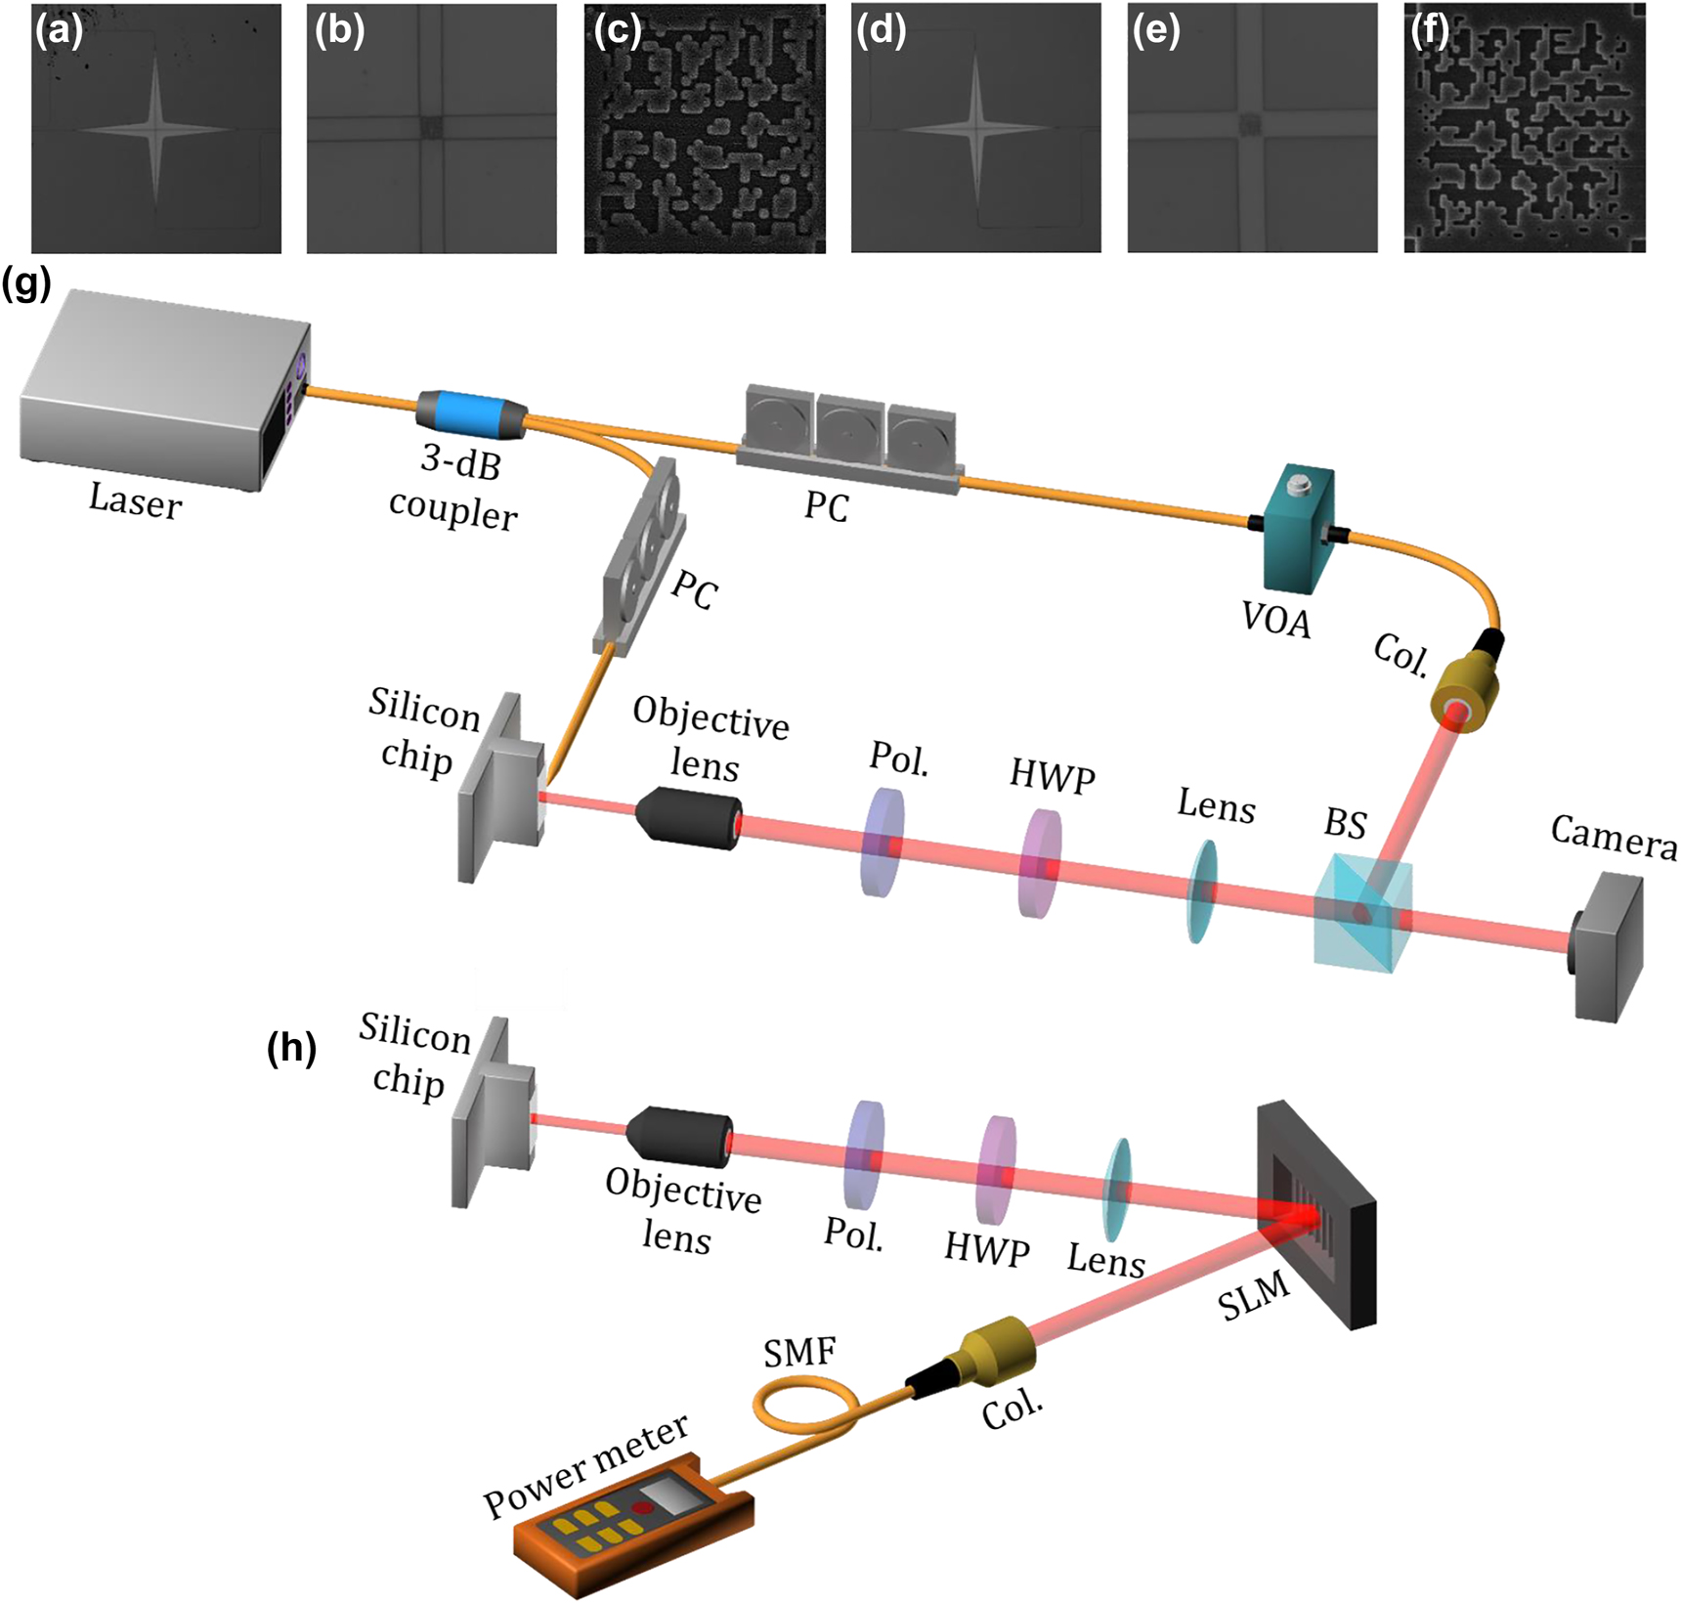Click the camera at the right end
pyautogui.click(x=1607, y=946)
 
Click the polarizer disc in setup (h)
pyautogui.click(x=864, y=1154)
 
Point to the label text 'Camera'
pyautogui.click(x=1614, y=839)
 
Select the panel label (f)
pyautogui.click(x=1430, y=30)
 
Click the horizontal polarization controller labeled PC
pyautogui.click(x=848, y=430)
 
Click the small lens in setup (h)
pyautogui.click(x=1117, y=1190)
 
